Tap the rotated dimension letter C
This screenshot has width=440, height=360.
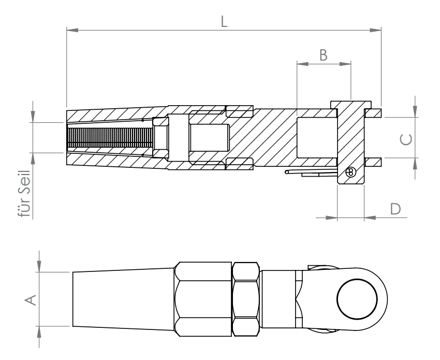[x=407, y=138]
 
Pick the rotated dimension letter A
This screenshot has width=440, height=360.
[x=31, y=299]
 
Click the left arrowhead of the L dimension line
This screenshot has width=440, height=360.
[x=72, y=31]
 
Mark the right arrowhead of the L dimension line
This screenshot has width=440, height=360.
[x=376, y=31]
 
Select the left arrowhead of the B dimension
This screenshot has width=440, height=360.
[x=301, y=64]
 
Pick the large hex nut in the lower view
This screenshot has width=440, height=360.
[x=203, y=299]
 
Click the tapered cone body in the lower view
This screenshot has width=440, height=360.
[x=123, y=299]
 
